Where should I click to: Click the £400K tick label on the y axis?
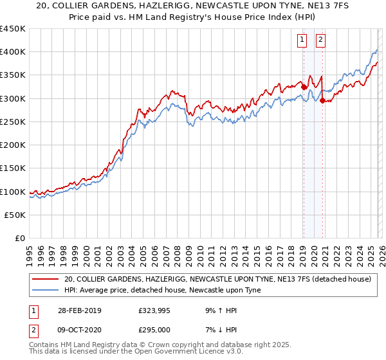(x=13, y=51)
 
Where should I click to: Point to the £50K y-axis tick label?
(x=15, y=215)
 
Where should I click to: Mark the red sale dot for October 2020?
(x=322, y=100)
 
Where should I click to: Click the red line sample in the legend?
(x=45, y=280)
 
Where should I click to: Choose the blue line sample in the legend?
(x=45, y=291)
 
